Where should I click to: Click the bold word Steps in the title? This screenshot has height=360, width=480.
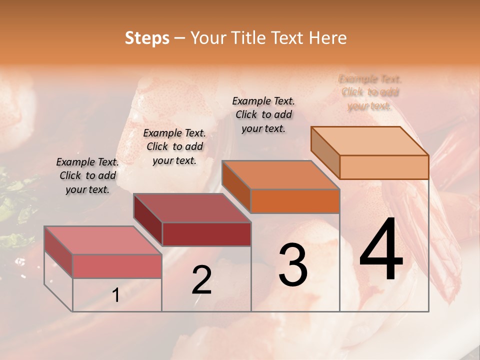tap(147, 38)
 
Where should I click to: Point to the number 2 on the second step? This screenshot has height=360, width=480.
tap(202, 280)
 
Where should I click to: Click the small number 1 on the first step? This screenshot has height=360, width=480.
tap(115, 295)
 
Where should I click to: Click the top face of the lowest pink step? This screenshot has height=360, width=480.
tap(102, 240)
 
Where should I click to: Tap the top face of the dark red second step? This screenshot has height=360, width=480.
tap(191, 207)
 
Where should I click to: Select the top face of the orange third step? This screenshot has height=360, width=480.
tap(280, 175)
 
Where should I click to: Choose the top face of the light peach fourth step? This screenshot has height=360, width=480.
tap(369, 141)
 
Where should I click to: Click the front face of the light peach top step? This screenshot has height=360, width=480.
tap(384, 167)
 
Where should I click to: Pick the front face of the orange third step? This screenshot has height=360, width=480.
tap(295, 201)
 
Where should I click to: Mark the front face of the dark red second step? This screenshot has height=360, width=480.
tap(206, 234)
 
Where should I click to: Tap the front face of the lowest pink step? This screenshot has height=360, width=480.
tap(117, 266)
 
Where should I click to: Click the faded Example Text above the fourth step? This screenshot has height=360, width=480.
tap(370, 92)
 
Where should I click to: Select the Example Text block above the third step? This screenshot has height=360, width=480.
tap(263, 114)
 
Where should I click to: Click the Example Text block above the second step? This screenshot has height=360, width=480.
tap(174, 146)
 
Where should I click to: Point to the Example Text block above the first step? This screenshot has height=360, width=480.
tap(87, 175)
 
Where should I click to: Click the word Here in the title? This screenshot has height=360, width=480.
tap(328, 38)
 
